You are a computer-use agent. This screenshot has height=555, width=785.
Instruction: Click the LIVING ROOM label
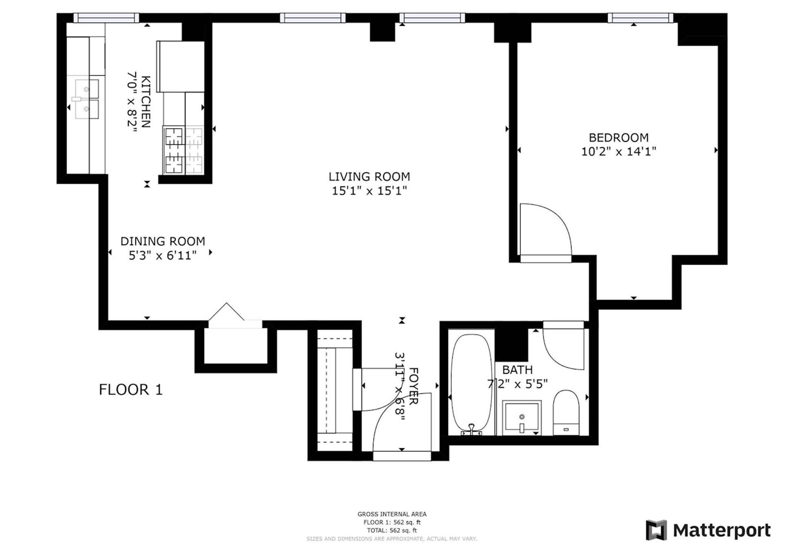369,177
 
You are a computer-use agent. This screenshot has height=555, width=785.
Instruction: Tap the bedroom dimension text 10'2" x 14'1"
618,152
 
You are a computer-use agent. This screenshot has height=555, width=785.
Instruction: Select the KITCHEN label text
146,101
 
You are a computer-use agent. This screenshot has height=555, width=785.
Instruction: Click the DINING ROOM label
162,241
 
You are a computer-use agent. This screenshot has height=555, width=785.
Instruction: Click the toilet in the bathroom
566,412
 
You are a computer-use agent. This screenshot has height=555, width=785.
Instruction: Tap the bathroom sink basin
522,417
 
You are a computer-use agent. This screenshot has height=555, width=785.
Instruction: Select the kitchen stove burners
184,150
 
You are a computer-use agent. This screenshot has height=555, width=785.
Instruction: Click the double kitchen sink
86,99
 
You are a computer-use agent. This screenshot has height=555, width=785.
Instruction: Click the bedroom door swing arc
546,229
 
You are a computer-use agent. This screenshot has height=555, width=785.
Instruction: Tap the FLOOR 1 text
130,389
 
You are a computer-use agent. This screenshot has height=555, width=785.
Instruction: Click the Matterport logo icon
656,530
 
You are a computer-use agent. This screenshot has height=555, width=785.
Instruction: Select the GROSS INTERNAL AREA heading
392,514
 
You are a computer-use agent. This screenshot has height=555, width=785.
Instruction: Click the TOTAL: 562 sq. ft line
392,530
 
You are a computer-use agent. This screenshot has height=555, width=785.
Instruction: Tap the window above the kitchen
106,18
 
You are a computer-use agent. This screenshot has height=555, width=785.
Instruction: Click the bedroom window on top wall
640,18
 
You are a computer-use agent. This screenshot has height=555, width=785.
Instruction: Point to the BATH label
517,370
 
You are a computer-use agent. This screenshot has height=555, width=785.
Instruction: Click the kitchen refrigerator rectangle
180,66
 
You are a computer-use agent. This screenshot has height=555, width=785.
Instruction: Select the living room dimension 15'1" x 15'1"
369,191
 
